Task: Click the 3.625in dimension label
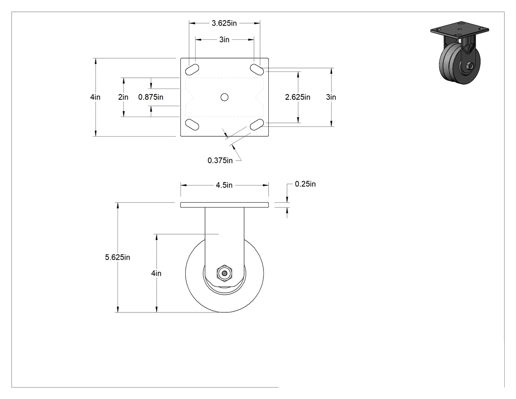tap(224, 23)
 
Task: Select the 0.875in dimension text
tap(151, 97)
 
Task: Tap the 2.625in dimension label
tap(297, 97)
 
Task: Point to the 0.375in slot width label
tap(220, 160)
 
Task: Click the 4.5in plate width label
tap(224, 185)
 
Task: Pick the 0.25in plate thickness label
tap(305, 184)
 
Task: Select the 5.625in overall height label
tap(117, 257)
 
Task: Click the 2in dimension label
tap(123, 97)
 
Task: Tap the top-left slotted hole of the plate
tap(192, 69)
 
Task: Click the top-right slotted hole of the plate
tap(257, 69)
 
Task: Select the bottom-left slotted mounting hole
tap(192, 124)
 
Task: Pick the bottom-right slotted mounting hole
tap(257, 124)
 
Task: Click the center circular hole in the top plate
tap(225, 97)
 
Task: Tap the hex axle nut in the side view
tap(225, 273)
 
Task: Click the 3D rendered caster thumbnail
tap(459, 53)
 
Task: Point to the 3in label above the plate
tap(225, 39)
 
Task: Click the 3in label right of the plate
tap(331, 97)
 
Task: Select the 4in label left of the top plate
tap(95, 97)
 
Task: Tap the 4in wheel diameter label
tap(156, 274)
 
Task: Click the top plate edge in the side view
tap(225, 205)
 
